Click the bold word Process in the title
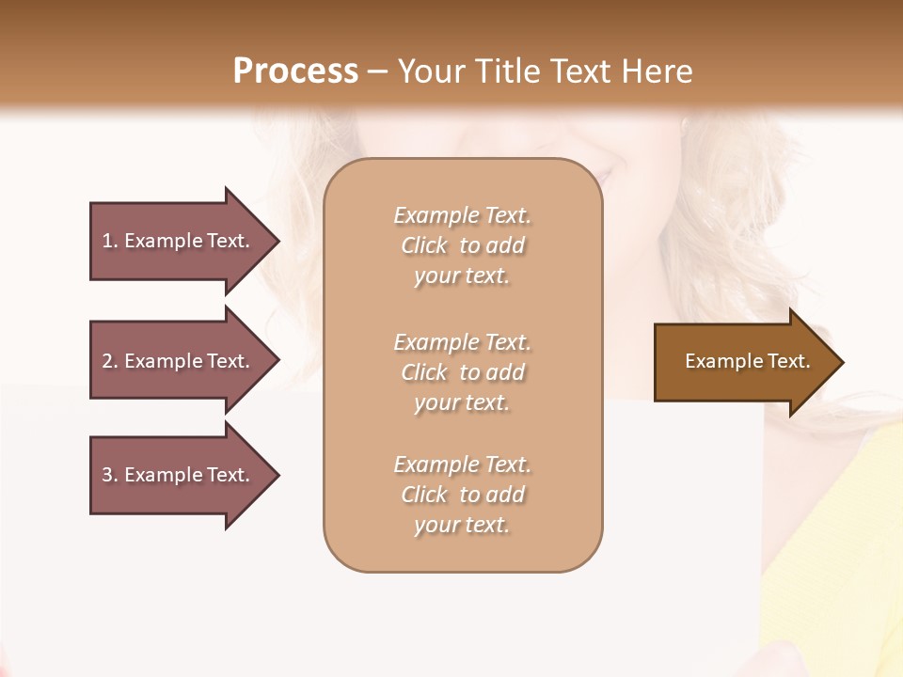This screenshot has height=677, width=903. pos(295,71)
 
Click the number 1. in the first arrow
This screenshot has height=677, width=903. pos(110,241)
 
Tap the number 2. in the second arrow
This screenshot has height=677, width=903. pos(110,361)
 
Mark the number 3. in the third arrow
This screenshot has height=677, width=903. pos(110,475)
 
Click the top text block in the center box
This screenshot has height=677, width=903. pos(462,245)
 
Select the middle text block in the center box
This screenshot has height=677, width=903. pos(462,372)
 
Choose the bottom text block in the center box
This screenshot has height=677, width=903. pos(462,495)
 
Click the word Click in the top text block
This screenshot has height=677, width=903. pos(424,245)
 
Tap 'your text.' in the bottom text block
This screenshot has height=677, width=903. pos(462,525)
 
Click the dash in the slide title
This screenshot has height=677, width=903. pos(377,71)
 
